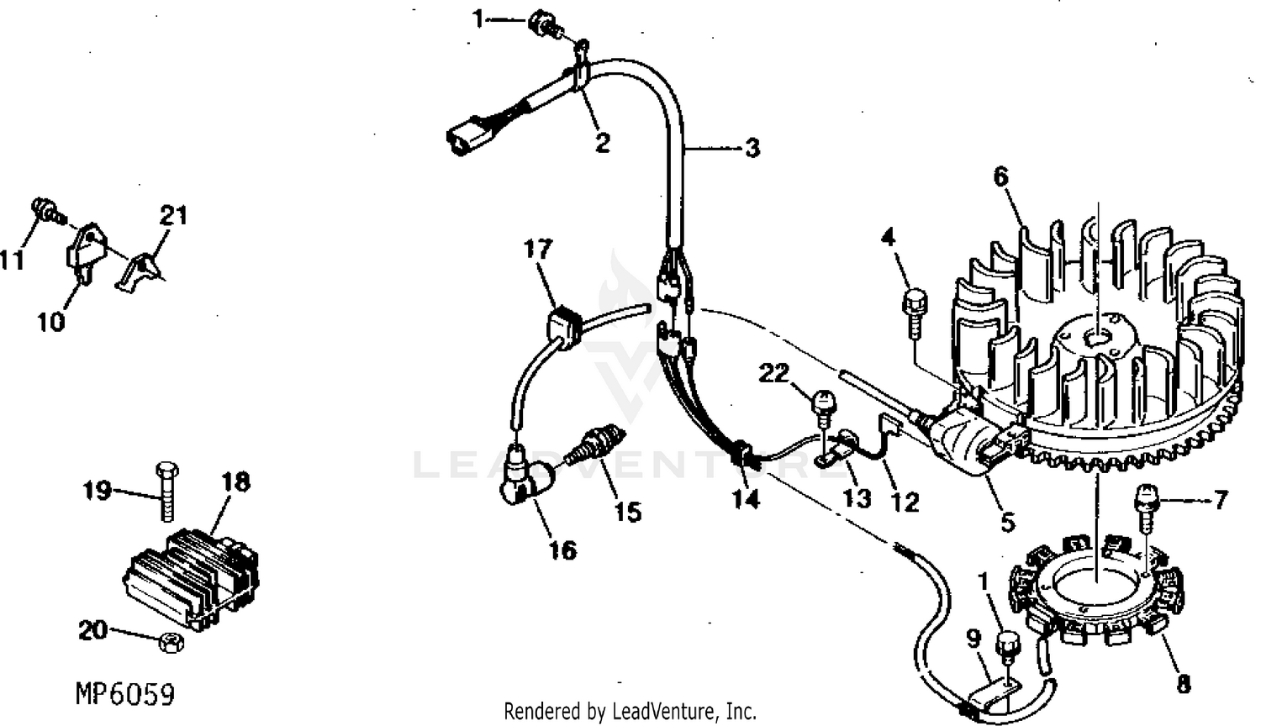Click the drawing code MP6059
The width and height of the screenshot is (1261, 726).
point(125,694)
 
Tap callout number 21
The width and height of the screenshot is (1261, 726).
point(173,216)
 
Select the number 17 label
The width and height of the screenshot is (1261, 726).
point(538,250)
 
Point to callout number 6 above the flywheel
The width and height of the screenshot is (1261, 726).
point(1001,176)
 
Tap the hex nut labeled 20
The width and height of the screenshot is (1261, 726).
point(171,642)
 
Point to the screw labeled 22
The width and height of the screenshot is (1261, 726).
point(824,408)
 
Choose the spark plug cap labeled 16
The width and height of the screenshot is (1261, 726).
point(525,476)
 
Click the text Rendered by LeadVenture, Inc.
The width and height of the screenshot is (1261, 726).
point(630,712)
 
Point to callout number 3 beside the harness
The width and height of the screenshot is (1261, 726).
point(752,148)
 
